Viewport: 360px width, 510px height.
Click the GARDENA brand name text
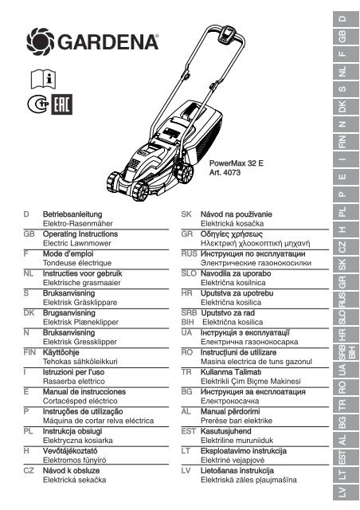pos(108,42)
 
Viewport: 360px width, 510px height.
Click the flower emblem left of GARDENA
pos(41,42)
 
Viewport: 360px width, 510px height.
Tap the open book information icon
pos(43,79)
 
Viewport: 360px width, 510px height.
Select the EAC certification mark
pos(62,104)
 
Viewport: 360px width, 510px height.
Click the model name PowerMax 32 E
pos(236,163)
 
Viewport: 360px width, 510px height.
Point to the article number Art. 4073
pos(225,172)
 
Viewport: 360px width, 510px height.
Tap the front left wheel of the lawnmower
pos(140,191)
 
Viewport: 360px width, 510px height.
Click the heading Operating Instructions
pos(80,233)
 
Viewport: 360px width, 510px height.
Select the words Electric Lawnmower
pos(77,243)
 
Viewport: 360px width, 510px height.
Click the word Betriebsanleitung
pos(72,214)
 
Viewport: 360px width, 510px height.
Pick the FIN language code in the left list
pos(29,352)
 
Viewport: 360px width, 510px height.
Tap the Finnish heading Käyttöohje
pos(61,352)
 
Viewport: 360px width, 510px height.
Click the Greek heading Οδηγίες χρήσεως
pos(232,234)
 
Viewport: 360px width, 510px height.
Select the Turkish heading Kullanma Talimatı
pos(231,372)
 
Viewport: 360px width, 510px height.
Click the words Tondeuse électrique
pos(77,263)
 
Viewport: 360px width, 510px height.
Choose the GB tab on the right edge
pos(342,37)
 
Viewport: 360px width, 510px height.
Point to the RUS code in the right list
pos(189,253)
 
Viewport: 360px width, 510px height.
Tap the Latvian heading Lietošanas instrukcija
pos(237,471)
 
